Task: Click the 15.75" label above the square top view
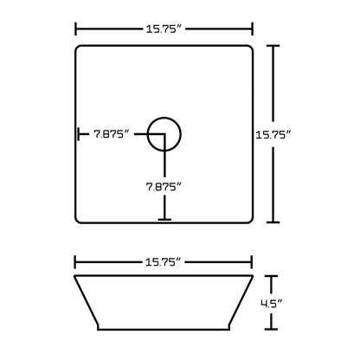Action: coord(164,28)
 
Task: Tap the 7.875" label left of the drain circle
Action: coord(112,134)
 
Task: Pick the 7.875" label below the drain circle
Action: coord(164,185)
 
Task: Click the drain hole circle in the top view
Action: coord(164,134)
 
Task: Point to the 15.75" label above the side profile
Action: coord(164,259)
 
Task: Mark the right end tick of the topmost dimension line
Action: coord(253,28)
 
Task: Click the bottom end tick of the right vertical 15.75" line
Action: coord(277,222)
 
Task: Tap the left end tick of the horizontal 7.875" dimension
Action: coord(78,134)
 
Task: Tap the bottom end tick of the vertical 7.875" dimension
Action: coord(164,220)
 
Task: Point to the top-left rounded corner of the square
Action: coord(79,49)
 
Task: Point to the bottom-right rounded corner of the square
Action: coord(249,219)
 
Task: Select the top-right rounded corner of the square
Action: coord(249,49)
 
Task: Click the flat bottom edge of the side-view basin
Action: coord(164,330)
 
